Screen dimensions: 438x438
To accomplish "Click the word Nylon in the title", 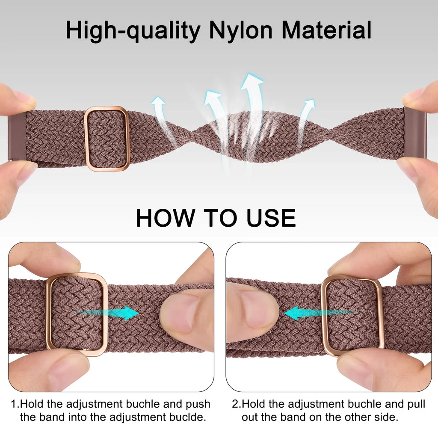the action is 240,31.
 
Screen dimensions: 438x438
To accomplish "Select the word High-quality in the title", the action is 133,31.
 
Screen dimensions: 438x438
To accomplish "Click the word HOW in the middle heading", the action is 166,218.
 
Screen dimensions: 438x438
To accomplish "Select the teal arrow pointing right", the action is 109,313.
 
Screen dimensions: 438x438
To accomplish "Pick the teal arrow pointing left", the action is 318,313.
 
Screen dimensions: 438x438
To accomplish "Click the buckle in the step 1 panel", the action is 48,314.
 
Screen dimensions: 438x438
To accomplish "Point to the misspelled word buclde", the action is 187,417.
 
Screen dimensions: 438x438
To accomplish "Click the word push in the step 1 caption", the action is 198,404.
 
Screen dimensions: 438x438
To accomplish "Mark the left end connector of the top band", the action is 17,136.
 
